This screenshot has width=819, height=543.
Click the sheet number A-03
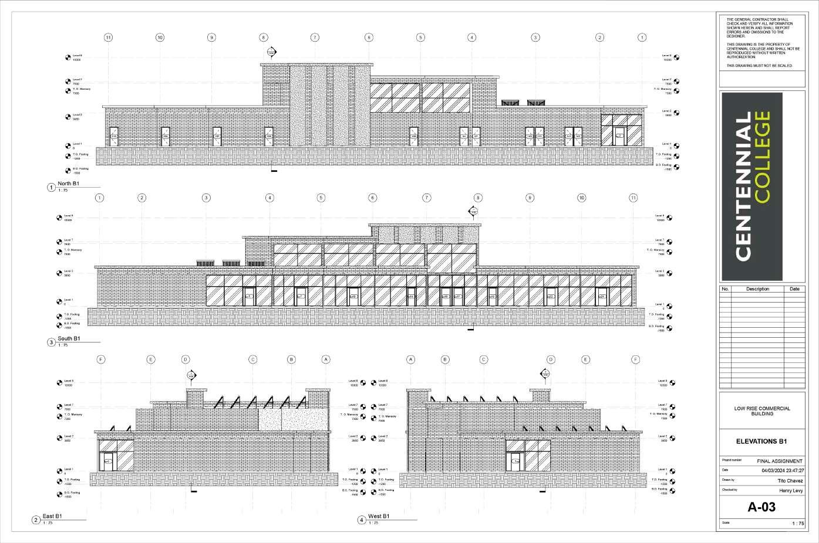761,507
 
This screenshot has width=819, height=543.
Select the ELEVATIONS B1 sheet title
761,442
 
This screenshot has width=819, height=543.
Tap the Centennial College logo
752,186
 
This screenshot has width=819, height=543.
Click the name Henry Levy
790,490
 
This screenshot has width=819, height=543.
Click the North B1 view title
69,184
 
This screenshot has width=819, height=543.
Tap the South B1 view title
69,339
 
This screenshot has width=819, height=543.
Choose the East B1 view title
52,517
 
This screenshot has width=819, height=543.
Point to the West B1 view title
378,517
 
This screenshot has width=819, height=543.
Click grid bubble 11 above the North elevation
108,38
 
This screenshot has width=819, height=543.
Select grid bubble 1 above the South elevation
100,198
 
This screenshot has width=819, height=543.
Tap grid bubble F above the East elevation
100,359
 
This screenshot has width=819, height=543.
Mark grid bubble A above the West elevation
410,359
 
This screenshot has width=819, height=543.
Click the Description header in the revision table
757,289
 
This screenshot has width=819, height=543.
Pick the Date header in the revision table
794,289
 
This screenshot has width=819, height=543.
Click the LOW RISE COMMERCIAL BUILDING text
761,410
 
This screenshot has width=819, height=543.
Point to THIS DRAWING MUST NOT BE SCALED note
759,66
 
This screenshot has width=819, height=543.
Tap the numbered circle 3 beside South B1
52,342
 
